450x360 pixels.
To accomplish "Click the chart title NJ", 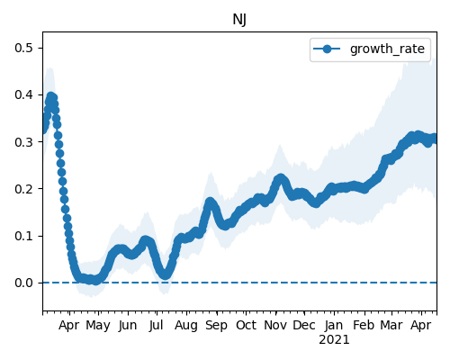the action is [239, 20].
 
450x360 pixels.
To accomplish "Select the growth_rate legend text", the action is [387, 49].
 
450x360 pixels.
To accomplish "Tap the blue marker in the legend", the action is [327, 49].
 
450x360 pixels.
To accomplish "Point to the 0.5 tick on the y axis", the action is [23, 48].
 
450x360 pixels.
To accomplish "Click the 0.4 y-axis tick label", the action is [23, 94].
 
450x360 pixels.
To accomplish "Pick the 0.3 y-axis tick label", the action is [23, 141].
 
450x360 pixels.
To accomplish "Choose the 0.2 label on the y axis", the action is [23, 189].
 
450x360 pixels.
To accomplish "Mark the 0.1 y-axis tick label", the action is [23, 236].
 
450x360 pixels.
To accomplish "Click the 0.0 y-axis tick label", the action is [23, 283].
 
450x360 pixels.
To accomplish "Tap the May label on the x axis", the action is [98, 326].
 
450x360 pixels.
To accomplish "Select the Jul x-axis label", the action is [157, 325].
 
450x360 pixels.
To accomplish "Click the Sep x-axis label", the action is [216, 326].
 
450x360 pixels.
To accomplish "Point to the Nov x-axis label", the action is [275, 325].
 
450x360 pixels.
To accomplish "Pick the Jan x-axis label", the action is [334, 325].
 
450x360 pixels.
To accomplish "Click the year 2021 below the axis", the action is [334, 340].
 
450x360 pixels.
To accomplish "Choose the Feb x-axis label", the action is [364, 325].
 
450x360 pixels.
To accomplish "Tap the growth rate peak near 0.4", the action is [51, 96].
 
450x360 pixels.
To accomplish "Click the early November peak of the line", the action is [281, 178].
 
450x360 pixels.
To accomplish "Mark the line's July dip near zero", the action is [166, 274].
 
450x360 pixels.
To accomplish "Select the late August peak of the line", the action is [210, 202].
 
